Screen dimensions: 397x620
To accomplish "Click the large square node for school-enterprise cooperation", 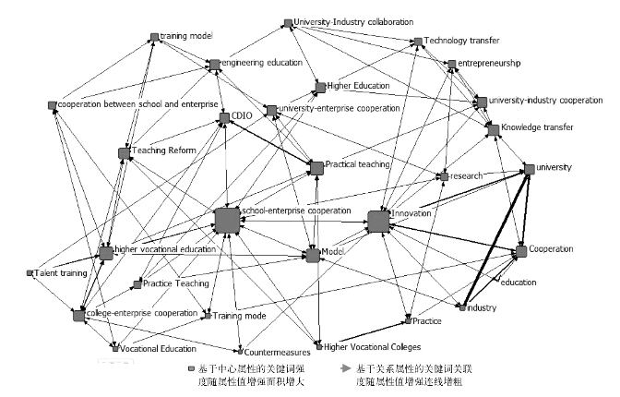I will coord(226,222).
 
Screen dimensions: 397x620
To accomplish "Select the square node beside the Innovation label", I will coord(378,222).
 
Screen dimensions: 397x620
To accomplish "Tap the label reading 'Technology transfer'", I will coord(461,41).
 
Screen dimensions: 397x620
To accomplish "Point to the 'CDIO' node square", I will coord(224,118).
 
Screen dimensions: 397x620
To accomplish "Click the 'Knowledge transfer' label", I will coord(538,127).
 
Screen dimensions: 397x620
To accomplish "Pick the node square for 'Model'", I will coord(312,254).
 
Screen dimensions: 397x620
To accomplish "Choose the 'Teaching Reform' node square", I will coord(125,152).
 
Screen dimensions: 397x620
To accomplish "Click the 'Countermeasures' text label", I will coord(282,352).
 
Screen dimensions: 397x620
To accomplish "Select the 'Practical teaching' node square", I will coord(316,167).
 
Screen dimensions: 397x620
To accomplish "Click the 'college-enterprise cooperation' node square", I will coord(79,316).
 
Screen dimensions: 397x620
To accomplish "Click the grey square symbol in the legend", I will coord(188,367).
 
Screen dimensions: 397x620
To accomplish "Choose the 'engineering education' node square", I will coord(214,64).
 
